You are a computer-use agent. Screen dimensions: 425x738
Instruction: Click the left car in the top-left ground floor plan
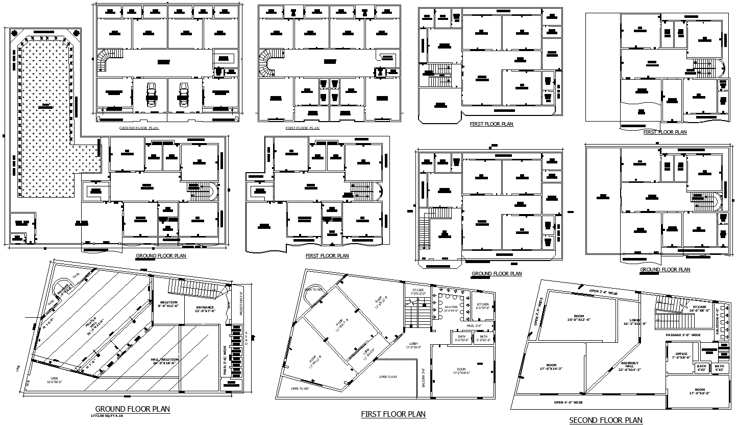coord(151,94)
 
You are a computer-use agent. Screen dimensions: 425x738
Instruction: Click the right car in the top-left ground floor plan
coord(184,94)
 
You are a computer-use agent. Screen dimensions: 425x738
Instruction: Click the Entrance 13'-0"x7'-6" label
coord(204,309)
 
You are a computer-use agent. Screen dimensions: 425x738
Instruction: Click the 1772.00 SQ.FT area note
coord(107,416)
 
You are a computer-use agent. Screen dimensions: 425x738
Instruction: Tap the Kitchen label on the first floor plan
coord(483,306)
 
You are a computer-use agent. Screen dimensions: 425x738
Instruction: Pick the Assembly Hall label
coord(631,366)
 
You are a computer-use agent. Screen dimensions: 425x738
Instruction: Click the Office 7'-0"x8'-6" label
coord(681,356)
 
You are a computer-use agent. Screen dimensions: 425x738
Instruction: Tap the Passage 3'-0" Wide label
coord(683,335)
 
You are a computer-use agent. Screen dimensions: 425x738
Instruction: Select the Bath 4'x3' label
coord(702,367)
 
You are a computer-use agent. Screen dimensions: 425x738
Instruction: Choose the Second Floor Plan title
coord(605,420)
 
